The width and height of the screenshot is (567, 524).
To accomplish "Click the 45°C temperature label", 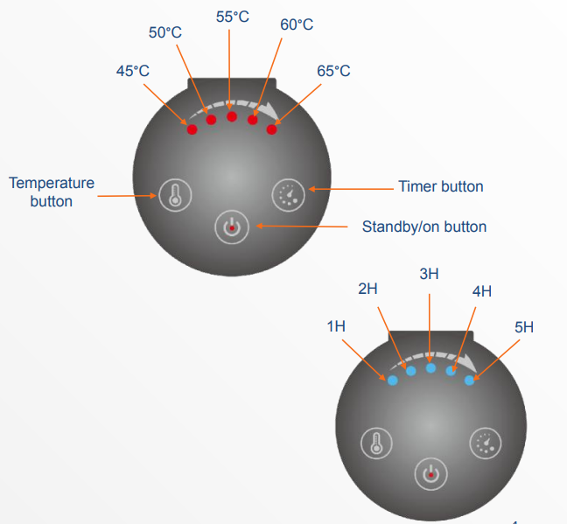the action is pyautogui.click(x=133, y=71).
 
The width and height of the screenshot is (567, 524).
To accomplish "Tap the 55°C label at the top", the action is pyautogui.click(x=233, y=17).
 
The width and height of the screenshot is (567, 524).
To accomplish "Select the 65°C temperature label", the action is pyautogui.click(x=333, y=71).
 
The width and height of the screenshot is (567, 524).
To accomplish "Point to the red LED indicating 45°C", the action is pyautogui.click(x=192, y=129).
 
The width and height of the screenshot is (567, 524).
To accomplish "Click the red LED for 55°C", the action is pyautogui.click(x=232, y=116).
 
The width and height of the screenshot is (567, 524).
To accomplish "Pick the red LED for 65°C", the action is pyautogui.click(x=271, y=129).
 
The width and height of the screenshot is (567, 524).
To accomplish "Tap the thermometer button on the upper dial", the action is pyautogui.click(x=175, y=195).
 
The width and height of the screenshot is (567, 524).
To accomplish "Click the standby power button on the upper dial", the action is pyautogui.click(x=232, y=227).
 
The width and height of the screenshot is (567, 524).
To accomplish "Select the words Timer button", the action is pyautogui.click(x=441, y=186).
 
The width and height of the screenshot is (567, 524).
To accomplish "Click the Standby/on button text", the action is pyautogui.click(x=424, y=227).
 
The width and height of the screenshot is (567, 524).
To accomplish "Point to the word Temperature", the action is pyautogui.click(x=52, y=183).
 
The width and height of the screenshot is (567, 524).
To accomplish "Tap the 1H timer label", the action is pyautogui.click(x=336, y=326).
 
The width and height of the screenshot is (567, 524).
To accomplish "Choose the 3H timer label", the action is pyautogui.click(x=429, y=274).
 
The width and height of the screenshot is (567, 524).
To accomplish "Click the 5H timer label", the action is pyautogui.click(x=524, y=327).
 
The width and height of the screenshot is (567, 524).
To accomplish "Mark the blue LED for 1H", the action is pyautogui.click(x=393, y=380).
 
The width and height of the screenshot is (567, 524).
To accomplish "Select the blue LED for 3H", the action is pyautogui.click(x=430, y=368).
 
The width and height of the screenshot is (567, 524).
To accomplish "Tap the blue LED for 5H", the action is pyautogui.click(x=469, y=380).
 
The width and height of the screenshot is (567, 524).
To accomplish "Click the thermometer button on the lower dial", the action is pyautogui.click(x=376, y=444).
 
